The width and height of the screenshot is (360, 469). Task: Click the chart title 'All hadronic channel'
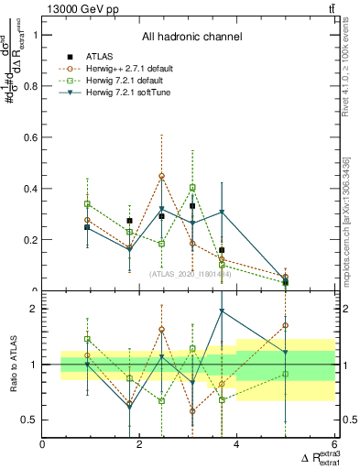point(191,37)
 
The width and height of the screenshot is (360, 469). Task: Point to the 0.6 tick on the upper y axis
point(32,137)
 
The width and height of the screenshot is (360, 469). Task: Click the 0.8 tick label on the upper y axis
point(32,86)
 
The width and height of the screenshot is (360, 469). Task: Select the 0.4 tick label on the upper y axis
point(32,189)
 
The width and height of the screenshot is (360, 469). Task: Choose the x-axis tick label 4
point(237,446)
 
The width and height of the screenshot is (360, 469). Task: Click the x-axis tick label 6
point(333,446)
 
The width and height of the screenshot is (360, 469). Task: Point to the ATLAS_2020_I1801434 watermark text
point(191,273)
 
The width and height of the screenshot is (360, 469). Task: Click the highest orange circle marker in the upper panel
point(161,176)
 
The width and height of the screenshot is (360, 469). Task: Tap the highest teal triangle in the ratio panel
point(222,311)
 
